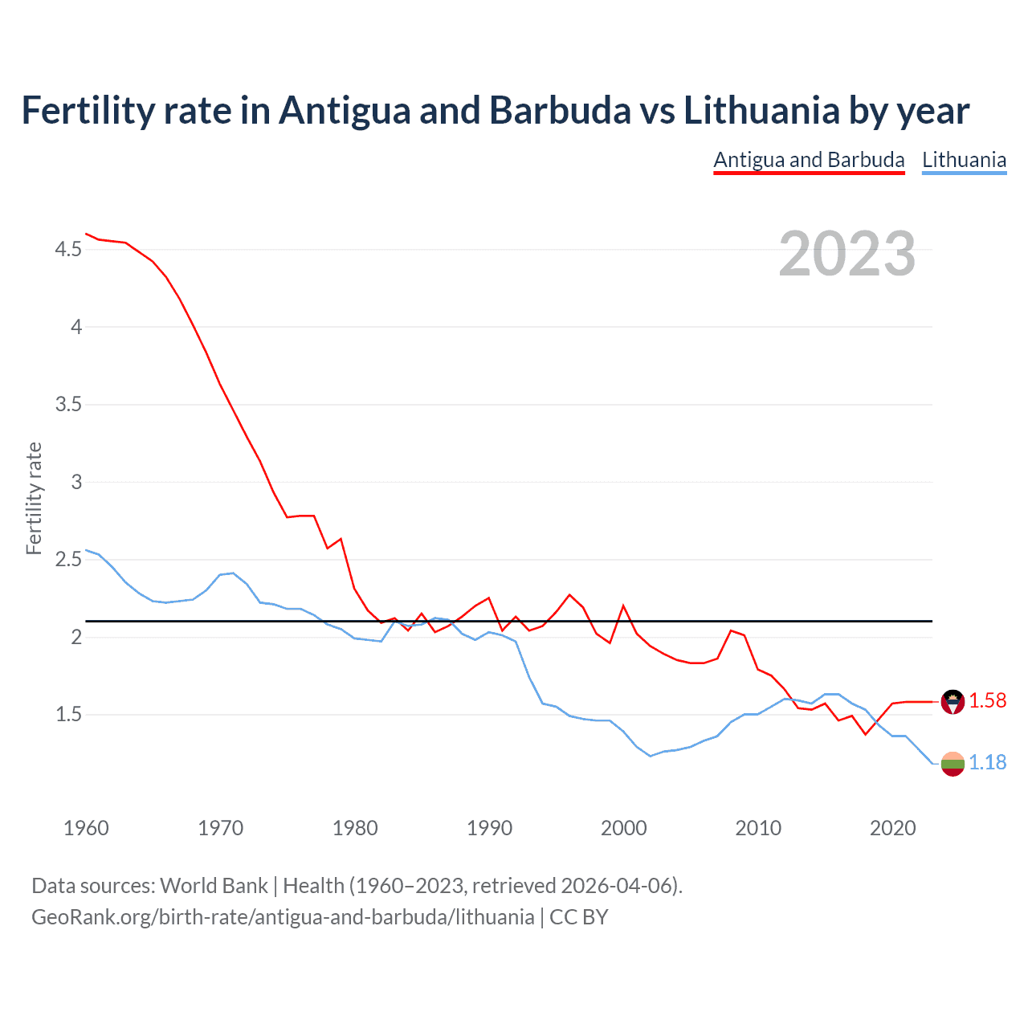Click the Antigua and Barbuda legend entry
[809, 160]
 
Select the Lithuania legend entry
[964, 160]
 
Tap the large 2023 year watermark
[846, 254]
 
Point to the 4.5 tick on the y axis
[68, 250]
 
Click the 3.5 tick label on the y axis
[68, 405]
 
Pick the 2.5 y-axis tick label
[68, 560]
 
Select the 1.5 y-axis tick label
[68, 714]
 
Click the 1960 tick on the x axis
[86, 828]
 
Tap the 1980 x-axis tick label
[355, 828]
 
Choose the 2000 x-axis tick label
[623, 828]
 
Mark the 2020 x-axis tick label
[892, 828]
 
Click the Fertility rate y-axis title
[34, 498]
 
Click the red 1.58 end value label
[987, 700]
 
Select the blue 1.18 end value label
[987, 762]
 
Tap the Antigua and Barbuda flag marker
[953, 701]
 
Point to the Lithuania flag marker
[953, 764]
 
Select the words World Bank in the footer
[214, 886]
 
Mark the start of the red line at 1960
[87, 234]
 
